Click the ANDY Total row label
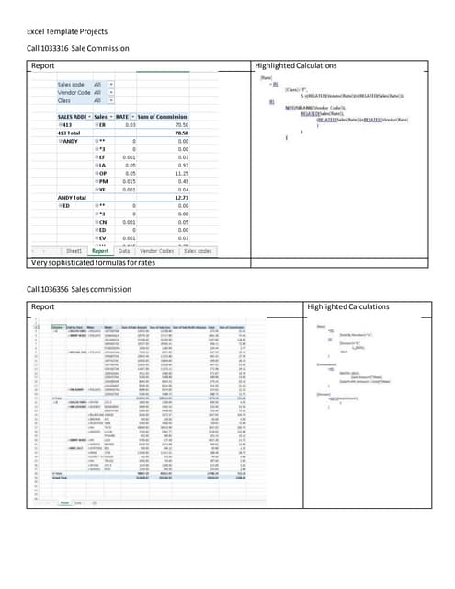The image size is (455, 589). tap(71, 197)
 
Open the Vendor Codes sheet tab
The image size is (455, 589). tap(157, 249)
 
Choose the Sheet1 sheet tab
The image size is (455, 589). tap(72, 249)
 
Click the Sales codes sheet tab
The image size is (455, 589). tap(198, 249)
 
